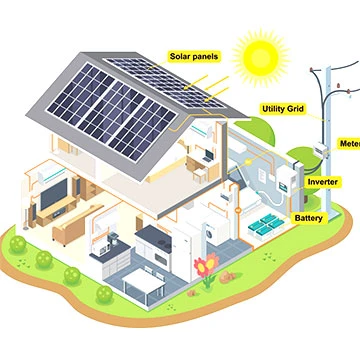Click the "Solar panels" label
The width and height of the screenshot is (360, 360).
tap(194, 56)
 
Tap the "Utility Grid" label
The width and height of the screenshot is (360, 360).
tap(283, 109)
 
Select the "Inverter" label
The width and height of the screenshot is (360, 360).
tap(322, 182)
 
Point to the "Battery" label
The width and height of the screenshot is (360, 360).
tap(308, 218)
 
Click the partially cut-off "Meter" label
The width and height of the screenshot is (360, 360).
tap(349, 144)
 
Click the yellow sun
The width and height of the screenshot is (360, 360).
tap(261, 59)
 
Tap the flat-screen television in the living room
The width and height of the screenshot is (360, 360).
tap(54, 194)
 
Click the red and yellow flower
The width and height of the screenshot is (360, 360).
tap(206, 265)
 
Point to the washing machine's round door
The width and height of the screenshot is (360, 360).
tap(210, 234)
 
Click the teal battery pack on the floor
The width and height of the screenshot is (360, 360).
tap(266, 224)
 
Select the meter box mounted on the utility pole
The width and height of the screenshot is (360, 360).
tap(321, 151)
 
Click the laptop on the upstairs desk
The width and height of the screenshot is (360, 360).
tap(209, 156)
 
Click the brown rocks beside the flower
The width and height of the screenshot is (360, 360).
tap(228, 275)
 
